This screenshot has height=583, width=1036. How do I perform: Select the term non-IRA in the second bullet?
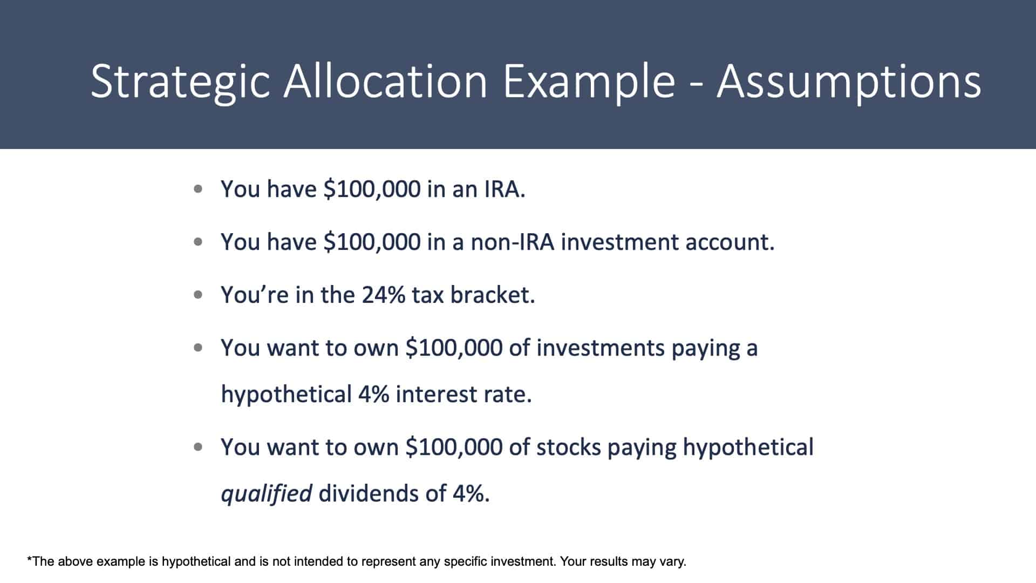513,242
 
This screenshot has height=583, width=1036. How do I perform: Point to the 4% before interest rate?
373,395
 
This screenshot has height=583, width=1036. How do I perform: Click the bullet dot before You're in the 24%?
199,295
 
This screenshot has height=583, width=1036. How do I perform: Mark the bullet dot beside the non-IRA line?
199,242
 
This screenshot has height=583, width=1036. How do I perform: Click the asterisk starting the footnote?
30,559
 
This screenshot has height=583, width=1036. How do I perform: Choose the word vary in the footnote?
674,562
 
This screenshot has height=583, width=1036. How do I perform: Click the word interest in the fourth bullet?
435,395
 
